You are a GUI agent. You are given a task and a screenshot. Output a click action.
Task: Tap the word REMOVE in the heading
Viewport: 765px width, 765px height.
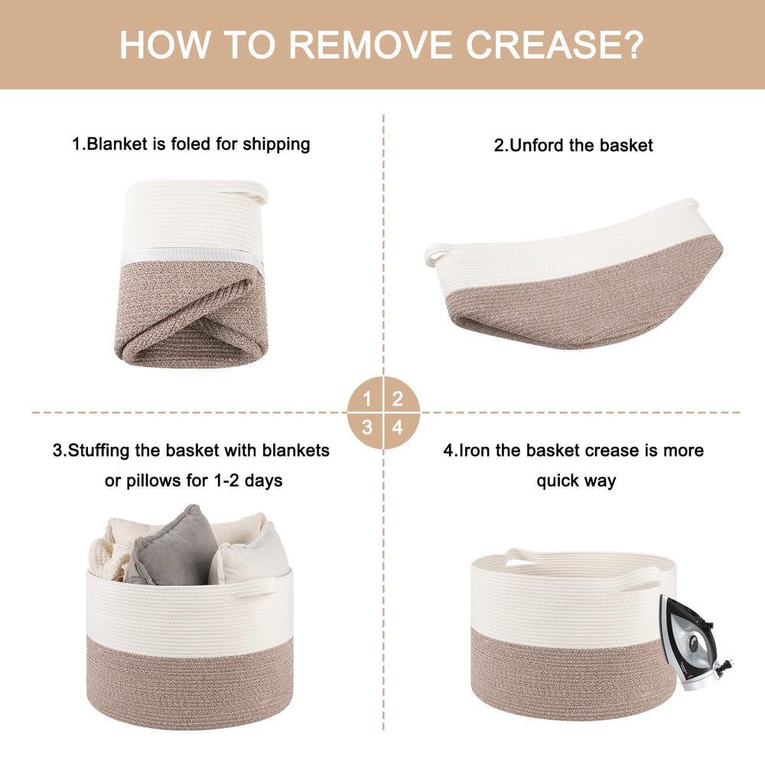371,44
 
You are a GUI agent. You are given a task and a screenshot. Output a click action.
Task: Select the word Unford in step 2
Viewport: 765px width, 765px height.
538,145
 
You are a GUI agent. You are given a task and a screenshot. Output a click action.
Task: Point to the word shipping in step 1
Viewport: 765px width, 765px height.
276,145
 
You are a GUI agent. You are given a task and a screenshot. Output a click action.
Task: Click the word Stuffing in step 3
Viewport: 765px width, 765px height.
98,451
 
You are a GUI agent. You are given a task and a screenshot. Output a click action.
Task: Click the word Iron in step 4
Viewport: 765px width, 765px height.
474,451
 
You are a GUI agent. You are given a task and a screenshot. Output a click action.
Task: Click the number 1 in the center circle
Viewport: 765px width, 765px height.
367,399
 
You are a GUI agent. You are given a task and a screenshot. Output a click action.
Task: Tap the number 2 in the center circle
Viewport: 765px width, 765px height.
398,399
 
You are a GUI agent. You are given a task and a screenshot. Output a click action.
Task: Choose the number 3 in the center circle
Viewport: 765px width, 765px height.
367,428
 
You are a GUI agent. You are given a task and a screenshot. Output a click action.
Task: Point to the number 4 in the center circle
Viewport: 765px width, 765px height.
398,428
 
